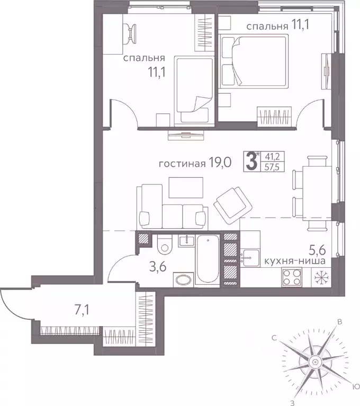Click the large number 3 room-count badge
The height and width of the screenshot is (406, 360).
coord(249,159)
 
